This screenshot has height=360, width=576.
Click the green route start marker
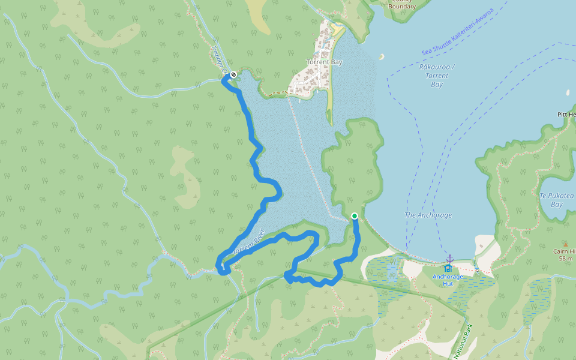point(355,216)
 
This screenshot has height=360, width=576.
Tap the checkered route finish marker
point(233,75)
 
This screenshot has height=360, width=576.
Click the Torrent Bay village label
point(324,62)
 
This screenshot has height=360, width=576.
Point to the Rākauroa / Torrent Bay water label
point(436,76)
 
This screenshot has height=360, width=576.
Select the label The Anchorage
point(428,215)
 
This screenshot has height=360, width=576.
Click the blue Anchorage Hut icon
point(448,268)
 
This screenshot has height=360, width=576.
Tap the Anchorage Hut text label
point(448,280)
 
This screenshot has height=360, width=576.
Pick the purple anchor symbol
point(449,258)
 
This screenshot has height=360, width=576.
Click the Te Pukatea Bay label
point(556,200)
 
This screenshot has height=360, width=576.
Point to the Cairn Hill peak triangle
point(565,244)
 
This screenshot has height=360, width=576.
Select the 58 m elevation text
point(565,259)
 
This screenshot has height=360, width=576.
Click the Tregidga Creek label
point(220,61)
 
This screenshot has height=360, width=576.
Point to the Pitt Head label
point(566,114)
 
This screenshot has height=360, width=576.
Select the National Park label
point(464,341)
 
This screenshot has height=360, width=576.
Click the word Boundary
point(401,6)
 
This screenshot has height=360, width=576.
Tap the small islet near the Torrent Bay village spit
point(381,57)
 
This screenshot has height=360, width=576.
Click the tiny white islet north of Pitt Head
point(568,93)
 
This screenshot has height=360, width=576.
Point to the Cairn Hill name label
point(565,251)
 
